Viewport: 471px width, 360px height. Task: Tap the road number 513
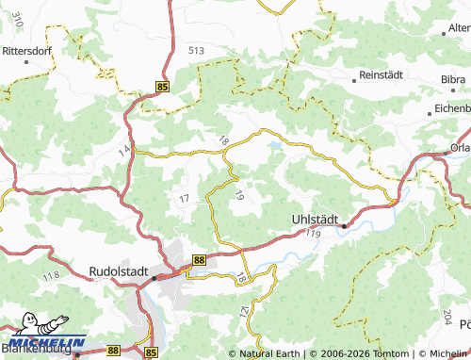point(196,50)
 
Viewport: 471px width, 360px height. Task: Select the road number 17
point(184,197)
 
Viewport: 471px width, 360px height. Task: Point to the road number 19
point(240,196)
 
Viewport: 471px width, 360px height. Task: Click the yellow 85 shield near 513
point(163,87)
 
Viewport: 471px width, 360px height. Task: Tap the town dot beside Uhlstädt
point(344,226)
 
